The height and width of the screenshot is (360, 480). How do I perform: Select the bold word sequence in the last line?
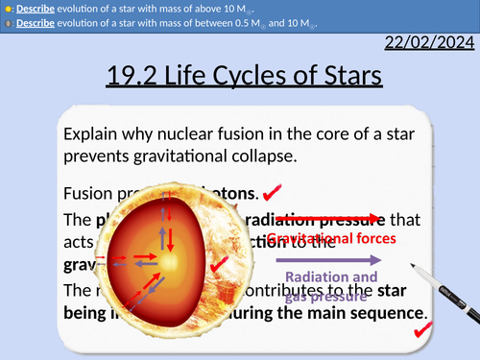point(382,313)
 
